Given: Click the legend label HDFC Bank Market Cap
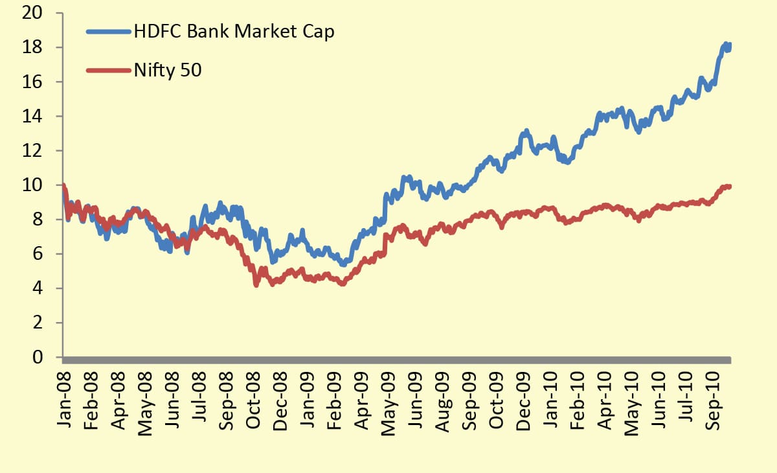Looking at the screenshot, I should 234,31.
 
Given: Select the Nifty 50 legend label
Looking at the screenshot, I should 168,70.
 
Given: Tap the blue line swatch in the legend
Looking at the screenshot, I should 107,31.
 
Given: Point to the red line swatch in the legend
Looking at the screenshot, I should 107,70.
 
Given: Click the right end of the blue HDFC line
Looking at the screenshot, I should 729,45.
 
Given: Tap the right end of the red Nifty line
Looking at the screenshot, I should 729,187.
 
